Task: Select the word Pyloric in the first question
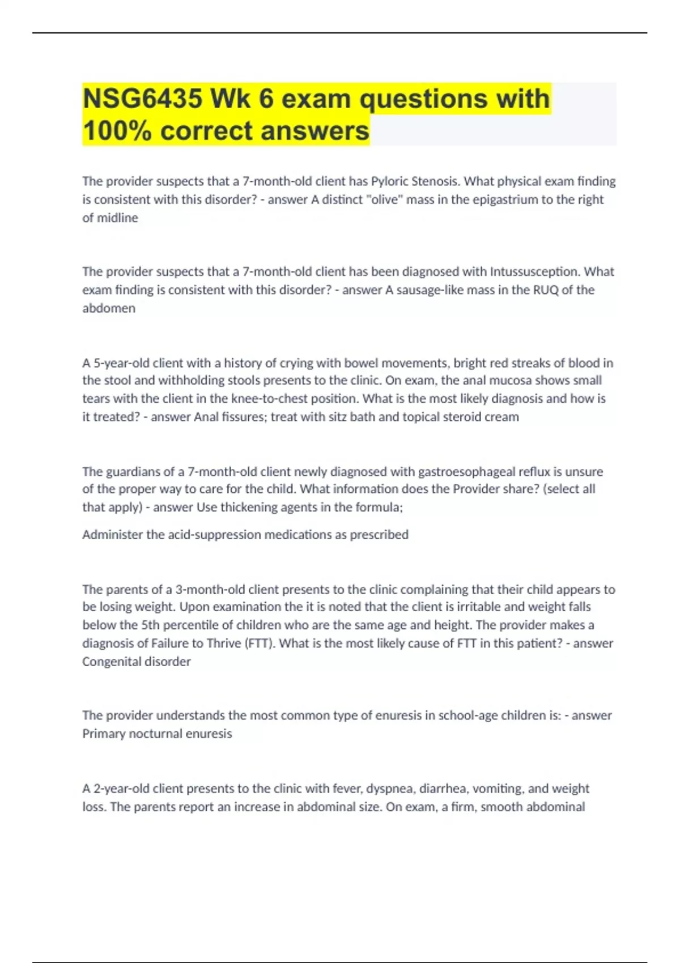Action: pos(389,181)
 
